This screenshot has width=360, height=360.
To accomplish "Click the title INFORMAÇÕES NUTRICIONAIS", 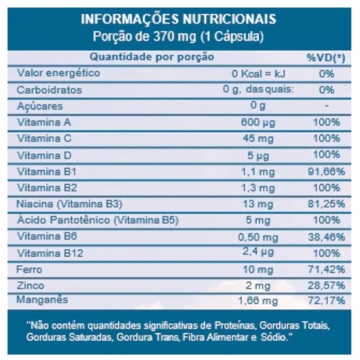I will (179, 20).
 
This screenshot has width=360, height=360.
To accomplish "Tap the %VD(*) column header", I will (326, 58).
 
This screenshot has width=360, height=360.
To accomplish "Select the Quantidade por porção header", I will (152, 57).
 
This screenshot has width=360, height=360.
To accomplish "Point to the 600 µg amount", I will (258, 122).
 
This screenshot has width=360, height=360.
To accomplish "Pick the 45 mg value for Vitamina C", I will (258, 139).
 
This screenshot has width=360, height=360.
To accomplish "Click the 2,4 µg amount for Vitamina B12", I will (258, 253).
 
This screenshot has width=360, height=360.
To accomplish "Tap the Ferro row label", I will (29, 270).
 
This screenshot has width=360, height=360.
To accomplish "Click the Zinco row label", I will (31, 286).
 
